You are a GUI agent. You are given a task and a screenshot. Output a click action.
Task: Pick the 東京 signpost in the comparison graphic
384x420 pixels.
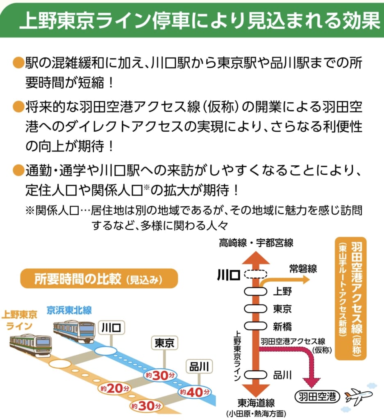click(164, 343)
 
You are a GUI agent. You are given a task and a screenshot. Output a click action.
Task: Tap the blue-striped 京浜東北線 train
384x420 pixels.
click(74, 331)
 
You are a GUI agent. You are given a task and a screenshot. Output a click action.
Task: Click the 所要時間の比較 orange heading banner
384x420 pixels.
click(99, 279)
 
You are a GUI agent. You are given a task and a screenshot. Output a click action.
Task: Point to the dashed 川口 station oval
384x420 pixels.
click(255, 274)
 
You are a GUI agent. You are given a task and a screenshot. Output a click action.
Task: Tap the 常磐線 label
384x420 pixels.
click(302, 269)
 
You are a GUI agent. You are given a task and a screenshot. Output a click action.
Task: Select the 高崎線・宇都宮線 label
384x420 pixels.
click(256, 243)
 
